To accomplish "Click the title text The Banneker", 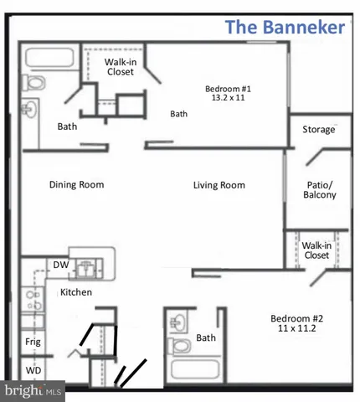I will pos(285,28).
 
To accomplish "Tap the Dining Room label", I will pos(76,185).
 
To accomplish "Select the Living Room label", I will pos(219,185).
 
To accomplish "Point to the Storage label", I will pos(318,130).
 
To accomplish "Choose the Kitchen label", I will pos(75,292).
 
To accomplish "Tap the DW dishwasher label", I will pos(60,265).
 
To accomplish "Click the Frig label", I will pos(33,343).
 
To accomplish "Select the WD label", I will pos(33,369).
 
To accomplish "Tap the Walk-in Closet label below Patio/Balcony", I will pos(316,250).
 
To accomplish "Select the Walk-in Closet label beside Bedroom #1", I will pos(121,67).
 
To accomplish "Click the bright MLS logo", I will pos(33,390).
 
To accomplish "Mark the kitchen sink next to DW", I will pos(87,265).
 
